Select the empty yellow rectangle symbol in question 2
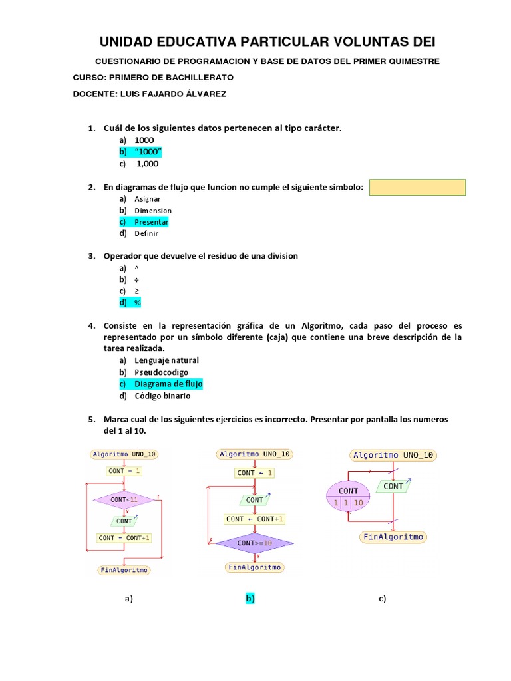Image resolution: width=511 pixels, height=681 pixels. point(417,188)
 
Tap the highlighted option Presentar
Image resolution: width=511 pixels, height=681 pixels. point(151,222)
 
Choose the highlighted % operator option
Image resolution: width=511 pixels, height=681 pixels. point(138,303)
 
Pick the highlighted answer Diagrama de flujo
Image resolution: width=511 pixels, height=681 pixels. point(168,384)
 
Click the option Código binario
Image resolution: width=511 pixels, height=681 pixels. point(162,396)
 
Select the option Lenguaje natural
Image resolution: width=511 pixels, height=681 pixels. point(166,360)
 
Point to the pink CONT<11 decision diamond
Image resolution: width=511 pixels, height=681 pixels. point(124,499)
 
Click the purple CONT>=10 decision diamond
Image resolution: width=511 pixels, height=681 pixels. point(254,543)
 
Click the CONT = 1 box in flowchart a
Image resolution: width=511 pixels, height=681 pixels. point(124,471)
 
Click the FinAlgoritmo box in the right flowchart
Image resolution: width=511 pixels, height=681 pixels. point(393,537)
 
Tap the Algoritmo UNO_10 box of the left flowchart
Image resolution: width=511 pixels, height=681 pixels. point(124,454)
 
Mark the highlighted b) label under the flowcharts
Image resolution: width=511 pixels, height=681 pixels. point(250,599)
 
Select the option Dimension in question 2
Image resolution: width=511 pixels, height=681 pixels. point(153,211)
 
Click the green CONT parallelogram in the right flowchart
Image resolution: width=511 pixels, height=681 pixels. point(393,487)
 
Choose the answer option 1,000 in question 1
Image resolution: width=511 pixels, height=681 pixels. point(147,164)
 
